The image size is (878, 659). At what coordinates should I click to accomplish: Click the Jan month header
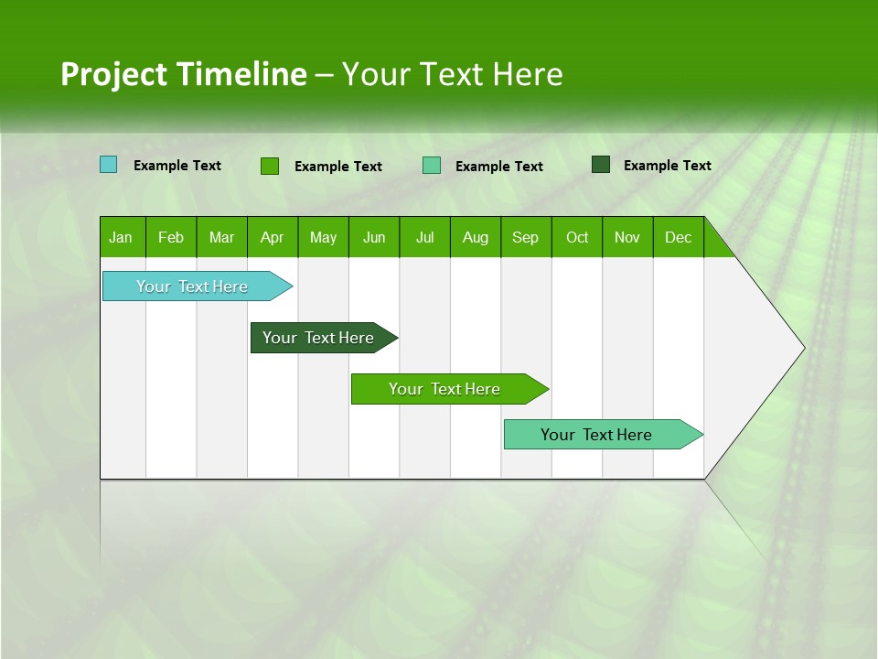[x=121, y=237]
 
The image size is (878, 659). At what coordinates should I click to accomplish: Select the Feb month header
[x=171, y=237]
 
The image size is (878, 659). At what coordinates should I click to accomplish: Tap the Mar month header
[x=221, y=237]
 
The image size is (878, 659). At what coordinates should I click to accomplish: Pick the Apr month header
[x=272, y=237]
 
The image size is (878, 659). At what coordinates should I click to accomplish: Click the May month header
[x=323, y=237]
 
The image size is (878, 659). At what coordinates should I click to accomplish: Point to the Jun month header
[x=374, y=237]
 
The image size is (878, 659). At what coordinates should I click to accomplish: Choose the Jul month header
[x=424, y=237]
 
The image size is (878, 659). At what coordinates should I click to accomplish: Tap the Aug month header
[x=475, y=237]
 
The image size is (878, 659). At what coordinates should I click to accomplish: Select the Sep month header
[x=525, y=237]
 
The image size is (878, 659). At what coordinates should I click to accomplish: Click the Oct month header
[x=577, y=237]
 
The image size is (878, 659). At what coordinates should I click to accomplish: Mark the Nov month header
[x=627, y=237]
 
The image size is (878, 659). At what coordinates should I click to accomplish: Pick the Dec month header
[x=678, y=237]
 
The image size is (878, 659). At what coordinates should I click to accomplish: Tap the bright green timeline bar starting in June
[x=445, y=389]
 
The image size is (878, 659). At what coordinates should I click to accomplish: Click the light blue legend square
[x=109, y=165]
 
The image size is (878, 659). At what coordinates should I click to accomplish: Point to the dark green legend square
[x=601, y=165]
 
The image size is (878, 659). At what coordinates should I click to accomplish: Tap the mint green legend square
[x=432, y=165]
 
